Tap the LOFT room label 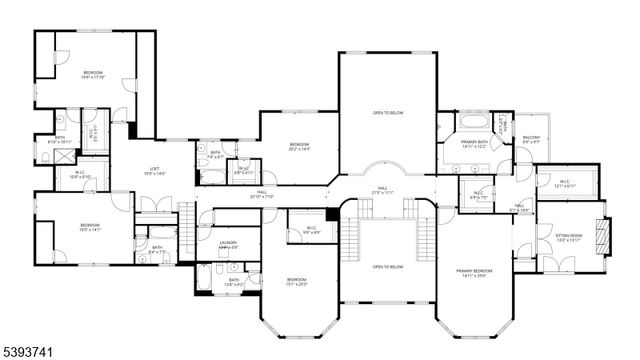coord(153,171)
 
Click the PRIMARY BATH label coord(474,144)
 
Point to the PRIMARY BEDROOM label coord(475,273)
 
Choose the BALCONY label coord(532,140)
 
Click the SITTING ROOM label coord(568,238)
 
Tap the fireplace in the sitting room coord(602,236)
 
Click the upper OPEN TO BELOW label coord(388,113)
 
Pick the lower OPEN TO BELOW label coord(388,267)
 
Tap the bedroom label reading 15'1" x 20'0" coord(297,281)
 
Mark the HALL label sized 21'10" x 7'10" coord(261,193)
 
